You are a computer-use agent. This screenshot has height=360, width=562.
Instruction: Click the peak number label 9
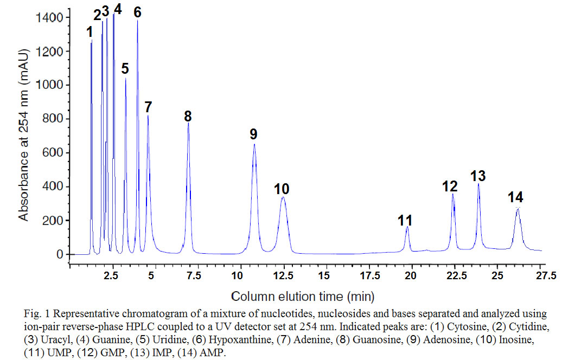pos(253,134)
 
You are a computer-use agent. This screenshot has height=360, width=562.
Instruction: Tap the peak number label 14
pos(516,197)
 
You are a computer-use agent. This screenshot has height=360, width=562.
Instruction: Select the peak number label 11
pos(405,220)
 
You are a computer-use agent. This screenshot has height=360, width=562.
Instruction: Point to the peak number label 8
pos(188,116)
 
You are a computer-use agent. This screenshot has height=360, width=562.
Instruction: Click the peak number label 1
pos(90,33)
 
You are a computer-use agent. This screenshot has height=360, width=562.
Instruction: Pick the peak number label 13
pos(477,176)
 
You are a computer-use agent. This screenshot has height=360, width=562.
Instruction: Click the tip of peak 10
pos(283,197)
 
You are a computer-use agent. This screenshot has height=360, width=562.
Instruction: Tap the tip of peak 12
pos(453,194)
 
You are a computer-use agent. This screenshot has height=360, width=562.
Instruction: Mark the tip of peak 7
pos(148,115)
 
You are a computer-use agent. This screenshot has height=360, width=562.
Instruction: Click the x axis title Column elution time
pos(303,297)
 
